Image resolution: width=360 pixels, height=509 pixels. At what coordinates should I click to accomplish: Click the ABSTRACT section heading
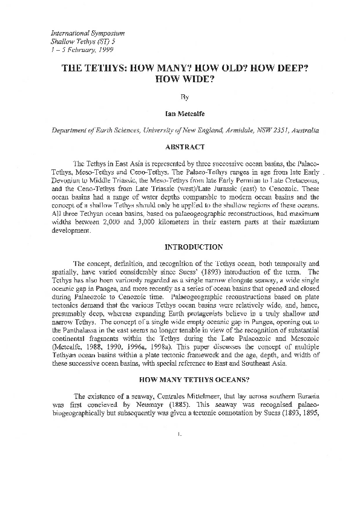[x=180, y=146]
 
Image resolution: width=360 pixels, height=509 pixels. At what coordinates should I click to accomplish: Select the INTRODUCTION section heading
[x=180, y=247]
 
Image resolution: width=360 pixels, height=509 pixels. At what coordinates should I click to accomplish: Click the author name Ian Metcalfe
[x=180, y=112]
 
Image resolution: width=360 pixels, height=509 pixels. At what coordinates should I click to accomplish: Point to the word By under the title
[x=180, y=96]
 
